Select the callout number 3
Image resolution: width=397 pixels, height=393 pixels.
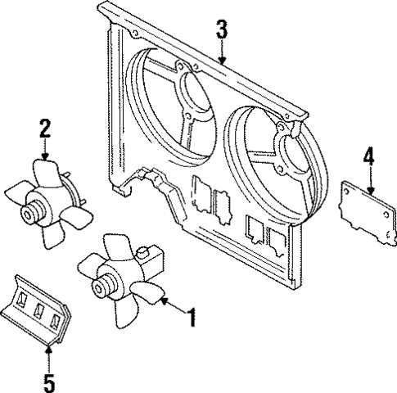point(221,31)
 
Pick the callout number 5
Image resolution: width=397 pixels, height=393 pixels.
point(49,381)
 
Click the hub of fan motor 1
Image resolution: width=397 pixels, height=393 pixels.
point(104,286)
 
